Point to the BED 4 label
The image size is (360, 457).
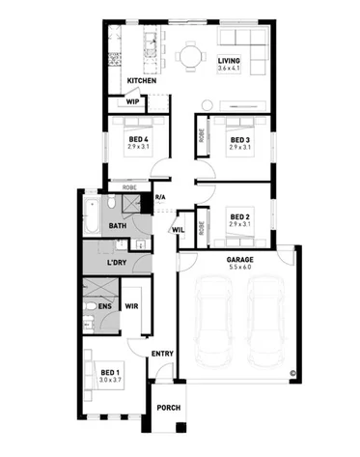click(138, 139)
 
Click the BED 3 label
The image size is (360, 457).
click(239, 139)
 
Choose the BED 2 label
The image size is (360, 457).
click(239, 216)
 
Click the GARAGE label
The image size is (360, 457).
click(239, 259)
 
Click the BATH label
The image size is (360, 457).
click(117, 226)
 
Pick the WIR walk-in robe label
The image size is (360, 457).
click(132, 306)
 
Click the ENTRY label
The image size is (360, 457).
click(162, 354)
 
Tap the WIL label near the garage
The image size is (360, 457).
click(179, 230)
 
